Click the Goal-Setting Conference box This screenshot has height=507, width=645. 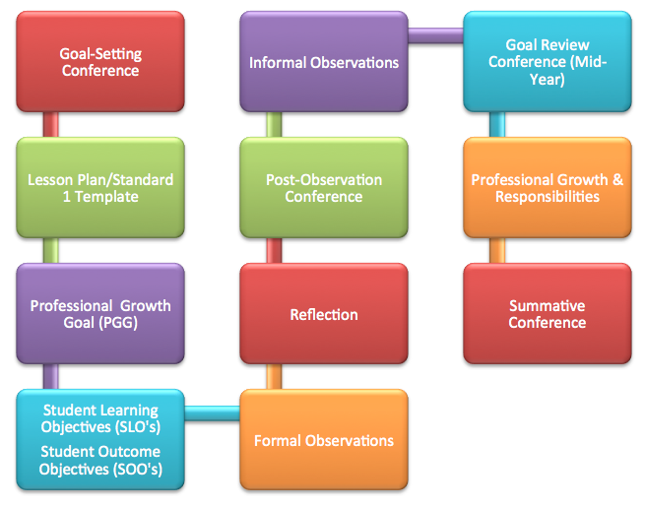99,61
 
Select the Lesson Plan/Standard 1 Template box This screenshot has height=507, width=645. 99,187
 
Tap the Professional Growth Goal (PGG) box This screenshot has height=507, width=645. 99,313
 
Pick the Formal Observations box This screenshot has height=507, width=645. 323,439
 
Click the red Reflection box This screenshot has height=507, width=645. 323,313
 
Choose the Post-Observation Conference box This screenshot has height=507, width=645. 323,187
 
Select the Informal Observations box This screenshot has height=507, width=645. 323,61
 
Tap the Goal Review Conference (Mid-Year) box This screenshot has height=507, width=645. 547,61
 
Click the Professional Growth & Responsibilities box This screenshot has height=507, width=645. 547,187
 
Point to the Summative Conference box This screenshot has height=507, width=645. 547,313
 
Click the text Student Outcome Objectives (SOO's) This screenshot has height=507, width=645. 99,460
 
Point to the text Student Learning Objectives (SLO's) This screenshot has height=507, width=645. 99,417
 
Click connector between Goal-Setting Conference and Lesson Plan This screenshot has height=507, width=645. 51,124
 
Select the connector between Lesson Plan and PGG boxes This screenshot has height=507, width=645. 51,250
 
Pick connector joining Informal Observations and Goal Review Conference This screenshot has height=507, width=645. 435,36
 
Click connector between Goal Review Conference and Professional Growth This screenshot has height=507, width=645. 497,124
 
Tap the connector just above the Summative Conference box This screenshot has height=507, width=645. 497,250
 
